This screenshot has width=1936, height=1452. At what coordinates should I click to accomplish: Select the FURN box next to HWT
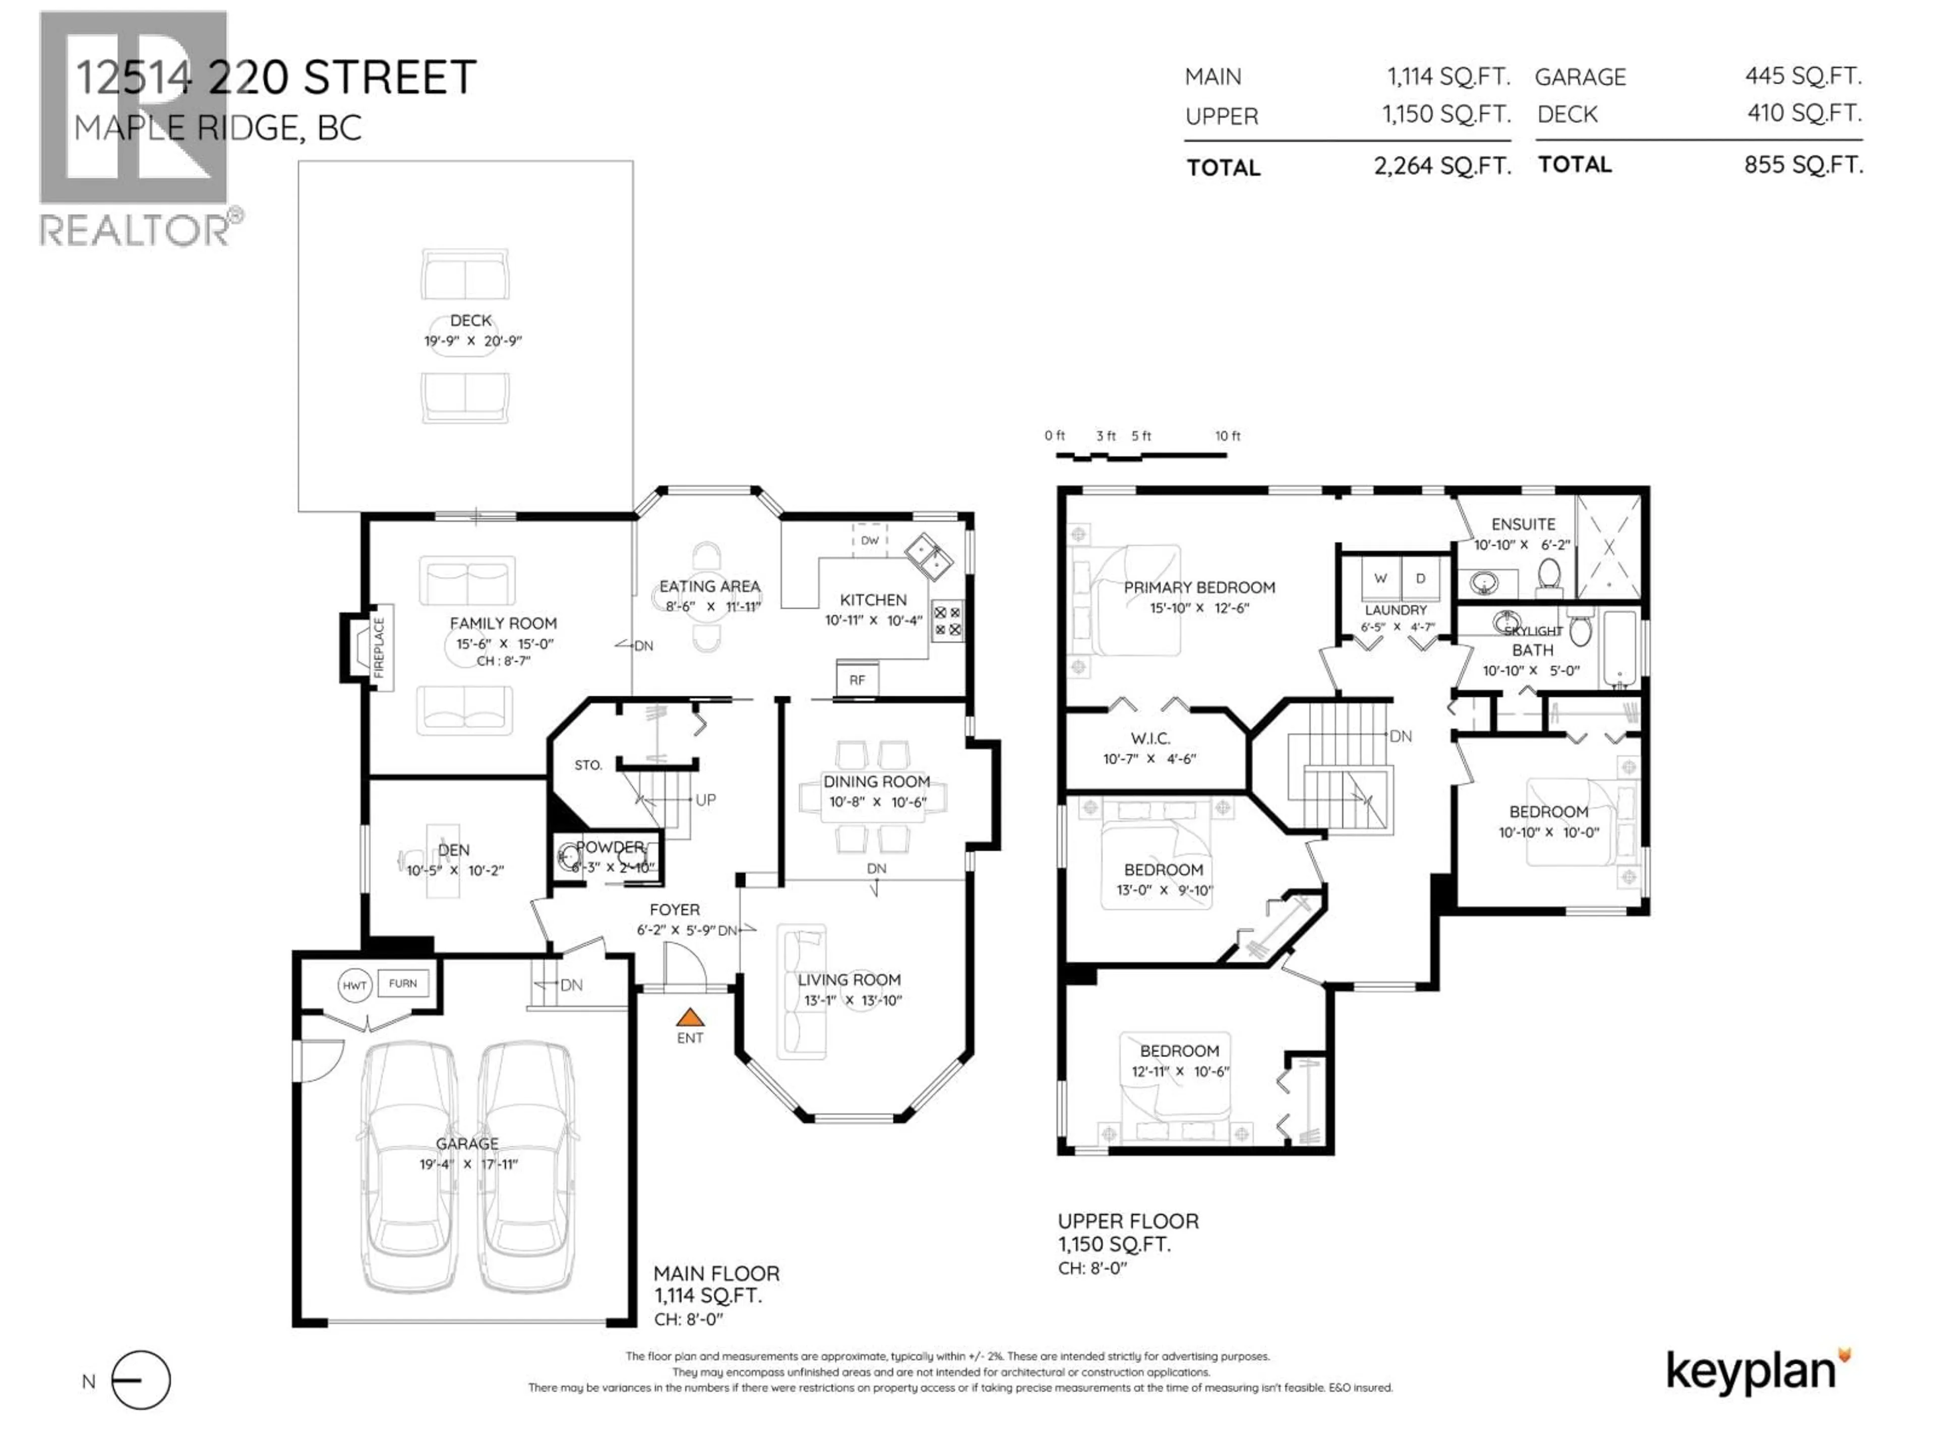click(403, 984)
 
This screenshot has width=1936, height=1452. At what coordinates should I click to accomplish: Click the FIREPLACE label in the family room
click(379, 648)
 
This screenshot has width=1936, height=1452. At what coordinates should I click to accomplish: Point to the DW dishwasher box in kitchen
click(869, 540)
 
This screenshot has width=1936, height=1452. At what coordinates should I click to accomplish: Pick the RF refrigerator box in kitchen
click(857, 679)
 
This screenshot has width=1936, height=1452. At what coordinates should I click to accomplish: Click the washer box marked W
click(1380, 578)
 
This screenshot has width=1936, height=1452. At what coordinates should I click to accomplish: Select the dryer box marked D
click(1421, 578)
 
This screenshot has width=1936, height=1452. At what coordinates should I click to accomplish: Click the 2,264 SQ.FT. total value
click(1442, 165)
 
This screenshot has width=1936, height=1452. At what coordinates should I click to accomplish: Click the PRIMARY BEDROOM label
click(1199, 587)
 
